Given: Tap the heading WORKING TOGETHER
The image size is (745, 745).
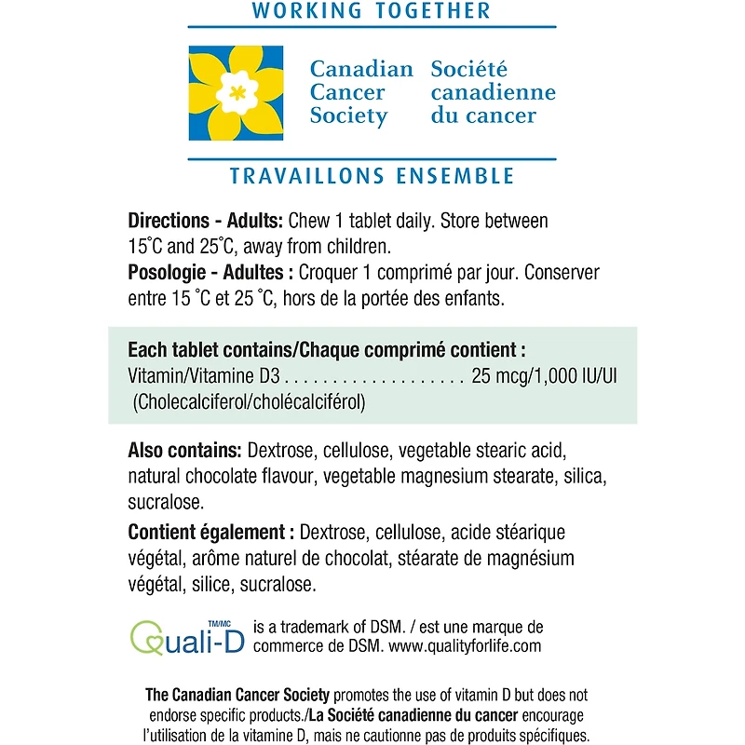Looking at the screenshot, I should [x=372, y=12].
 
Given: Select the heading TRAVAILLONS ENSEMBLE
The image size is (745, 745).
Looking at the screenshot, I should [x=372, y=176].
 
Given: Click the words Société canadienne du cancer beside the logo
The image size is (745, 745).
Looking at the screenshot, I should [x=493, y=93].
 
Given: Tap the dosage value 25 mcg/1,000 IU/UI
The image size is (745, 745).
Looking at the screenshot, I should [x=545, y=377].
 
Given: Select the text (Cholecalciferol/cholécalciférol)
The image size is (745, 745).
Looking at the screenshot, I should [x=248, y=402].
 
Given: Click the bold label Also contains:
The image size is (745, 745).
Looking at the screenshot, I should [x=185, y=451].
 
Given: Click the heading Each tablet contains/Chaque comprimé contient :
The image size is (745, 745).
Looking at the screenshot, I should [x=327, y=351].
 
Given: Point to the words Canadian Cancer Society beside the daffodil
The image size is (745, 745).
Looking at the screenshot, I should [x=360, y=93].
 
